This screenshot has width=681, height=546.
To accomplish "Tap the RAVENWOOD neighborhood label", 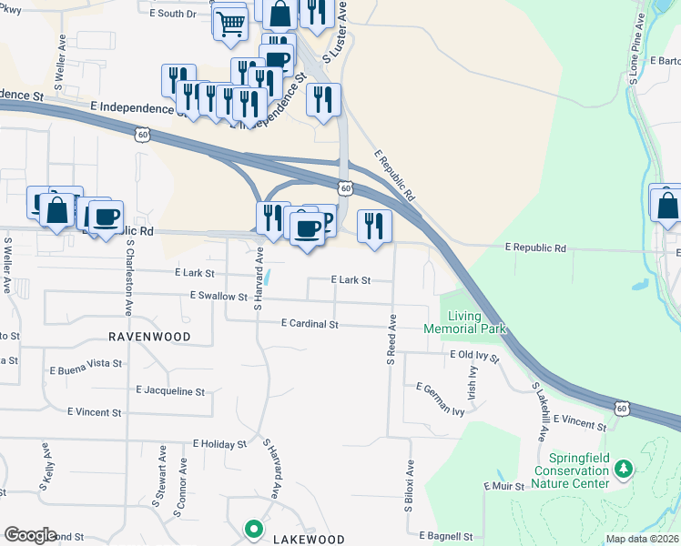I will pyautogui.click(x=149, y=337).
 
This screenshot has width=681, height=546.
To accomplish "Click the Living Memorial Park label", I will pyautogui.click(x=464, y=321).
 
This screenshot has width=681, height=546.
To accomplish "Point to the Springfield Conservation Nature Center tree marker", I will pyautogui.click(x=624, y=470).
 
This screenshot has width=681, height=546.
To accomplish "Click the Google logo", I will pyautogui.click(x=30, y=535).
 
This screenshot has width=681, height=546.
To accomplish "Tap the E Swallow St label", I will pyautogui.click(x=219, y=297).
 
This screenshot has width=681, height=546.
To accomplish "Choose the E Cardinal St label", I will pyautogui.click(x=310, y=324).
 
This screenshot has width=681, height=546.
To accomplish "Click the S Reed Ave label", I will pyautogui.click(x=391, y=340).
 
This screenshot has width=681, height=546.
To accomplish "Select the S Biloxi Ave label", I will pyautogui.click(x=410, y=484).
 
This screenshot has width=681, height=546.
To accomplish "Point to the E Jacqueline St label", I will pyautogui.click(x=170, y=391).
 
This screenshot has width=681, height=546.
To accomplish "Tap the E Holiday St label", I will pyautogui.click(x=219, y=444).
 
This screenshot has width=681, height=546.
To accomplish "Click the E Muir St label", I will pyautogui.click(x=505, y=487).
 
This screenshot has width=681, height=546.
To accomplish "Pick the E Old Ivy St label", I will pyautogui.click(x=474, y=356).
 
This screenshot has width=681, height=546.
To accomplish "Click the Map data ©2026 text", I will pyautogui.click(x=643, y=539).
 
